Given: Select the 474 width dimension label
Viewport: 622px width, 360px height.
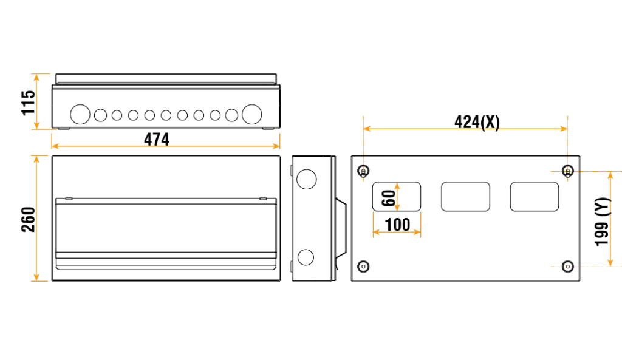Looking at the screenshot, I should click(156, 139).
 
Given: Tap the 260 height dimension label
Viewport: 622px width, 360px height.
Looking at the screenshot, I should click(28, 219).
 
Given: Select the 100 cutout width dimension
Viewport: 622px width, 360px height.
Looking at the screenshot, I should click(397, 225).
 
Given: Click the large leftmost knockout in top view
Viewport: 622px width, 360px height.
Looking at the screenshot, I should click(80, 114).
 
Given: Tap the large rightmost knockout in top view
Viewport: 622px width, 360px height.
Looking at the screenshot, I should click(251, 114).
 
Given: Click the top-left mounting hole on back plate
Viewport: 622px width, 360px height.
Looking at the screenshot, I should click(363, 170).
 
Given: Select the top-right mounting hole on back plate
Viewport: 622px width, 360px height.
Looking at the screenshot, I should click(567, 170).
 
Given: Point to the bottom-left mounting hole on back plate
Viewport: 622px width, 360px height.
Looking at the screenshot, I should click(363, 266).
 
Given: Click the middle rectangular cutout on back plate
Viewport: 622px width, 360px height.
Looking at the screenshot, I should click(465, 197).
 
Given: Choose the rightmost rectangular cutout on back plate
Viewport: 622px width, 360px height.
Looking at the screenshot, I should click(535, 197).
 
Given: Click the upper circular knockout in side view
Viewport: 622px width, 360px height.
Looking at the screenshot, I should click(306, 178).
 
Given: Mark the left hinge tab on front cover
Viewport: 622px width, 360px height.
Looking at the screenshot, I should click(69, 199).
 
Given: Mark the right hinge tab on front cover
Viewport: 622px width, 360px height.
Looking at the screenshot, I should click(263, 199).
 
